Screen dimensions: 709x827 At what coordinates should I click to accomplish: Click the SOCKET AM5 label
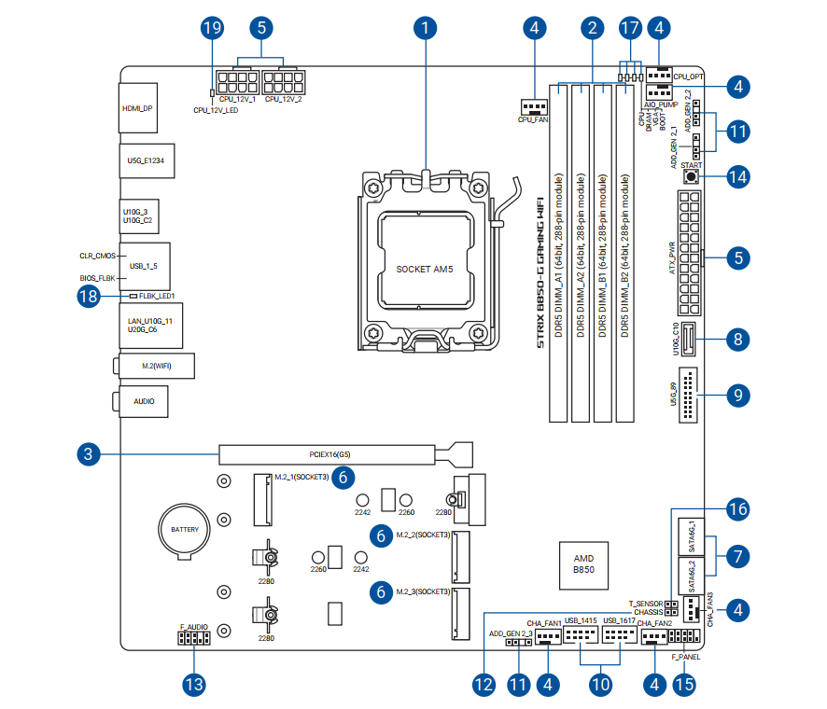[426, 269]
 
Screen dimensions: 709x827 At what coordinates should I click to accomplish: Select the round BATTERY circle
[184, 530]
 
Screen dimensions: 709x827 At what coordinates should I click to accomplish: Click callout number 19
[213, 28]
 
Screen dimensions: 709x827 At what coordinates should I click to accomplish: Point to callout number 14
[737, 175]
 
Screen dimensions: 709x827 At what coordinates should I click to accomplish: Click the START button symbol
[692, 175]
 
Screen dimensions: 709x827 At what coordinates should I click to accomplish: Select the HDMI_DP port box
[137, 109]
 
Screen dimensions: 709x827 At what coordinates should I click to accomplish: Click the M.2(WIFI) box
[155, 366]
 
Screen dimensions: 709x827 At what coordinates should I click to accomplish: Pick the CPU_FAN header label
[533, 120]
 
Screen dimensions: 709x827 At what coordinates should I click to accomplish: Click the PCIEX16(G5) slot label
[330, 455]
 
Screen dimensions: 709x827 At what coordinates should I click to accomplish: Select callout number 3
[87, 455]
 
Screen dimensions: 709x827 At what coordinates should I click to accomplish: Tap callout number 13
[193, 685]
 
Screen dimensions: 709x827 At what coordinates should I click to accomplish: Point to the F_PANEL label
[685, 657]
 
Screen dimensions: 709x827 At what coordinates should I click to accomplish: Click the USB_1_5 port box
[144, 266]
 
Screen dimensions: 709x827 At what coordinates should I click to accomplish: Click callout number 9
[737, 396]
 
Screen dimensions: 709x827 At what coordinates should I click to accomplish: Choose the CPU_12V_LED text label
[216, 111]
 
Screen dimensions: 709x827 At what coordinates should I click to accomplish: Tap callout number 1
[425, 28]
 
